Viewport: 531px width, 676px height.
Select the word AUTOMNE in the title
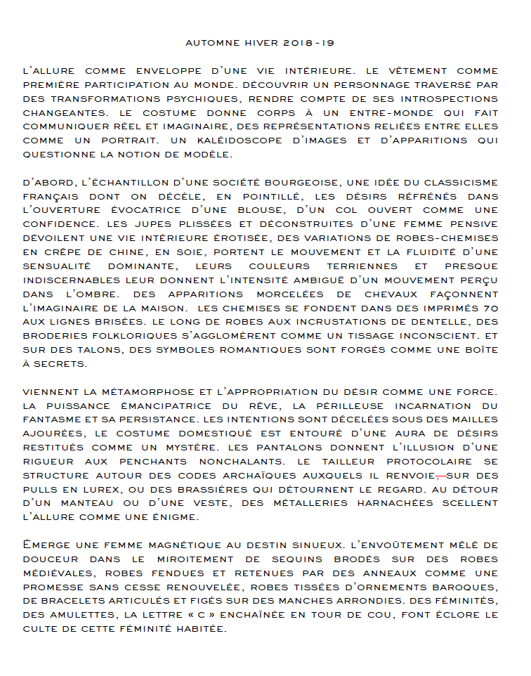click(x=211, y=44)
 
